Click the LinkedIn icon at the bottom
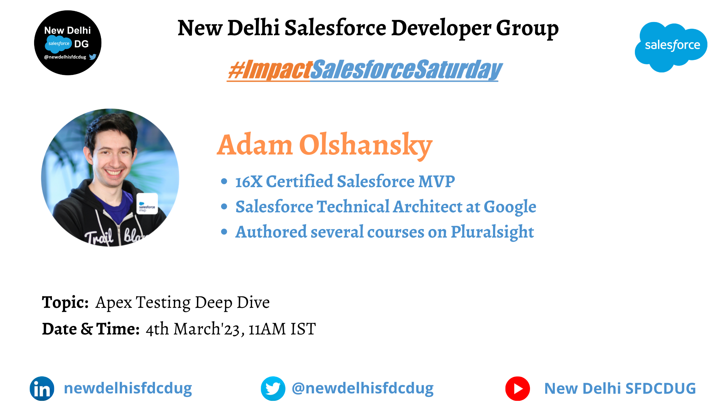point(42,388)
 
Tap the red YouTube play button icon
point(518,388)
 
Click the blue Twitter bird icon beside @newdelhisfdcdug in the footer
point(273,388)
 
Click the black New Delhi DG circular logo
point(68,43)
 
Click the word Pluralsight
point(492,232)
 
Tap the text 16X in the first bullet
point(249,181)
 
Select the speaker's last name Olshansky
point(366,145)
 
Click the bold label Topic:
point(65,302)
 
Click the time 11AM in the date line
point(267,329)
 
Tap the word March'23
point(207,329)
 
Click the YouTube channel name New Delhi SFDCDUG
point(620,388)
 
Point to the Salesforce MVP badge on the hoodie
point(147,204)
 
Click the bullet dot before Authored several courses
point(224,232)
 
